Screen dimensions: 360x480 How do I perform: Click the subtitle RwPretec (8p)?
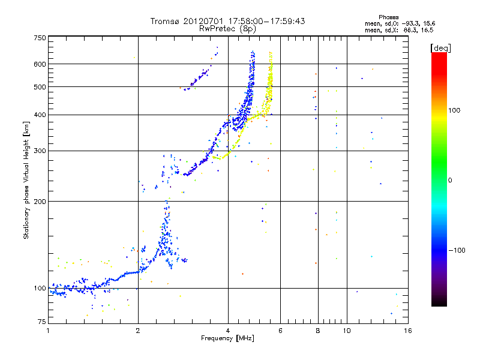(x=227, y=28)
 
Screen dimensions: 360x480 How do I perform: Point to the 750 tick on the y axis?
(x=40, y=38)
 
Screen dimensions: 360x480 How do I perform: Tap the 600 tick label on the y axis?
(x=40, y=64)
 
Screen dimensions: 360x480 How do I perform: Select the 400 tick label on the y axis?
(x=40, y=115)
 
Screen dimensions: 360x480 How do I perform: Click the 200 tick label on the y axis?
(x=40, y=201)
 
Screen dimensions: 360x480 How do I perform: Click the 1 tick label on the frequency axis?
(x=48, y=331)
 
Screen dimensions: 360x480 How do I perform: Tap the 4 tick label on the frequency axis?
(x=228, y=331)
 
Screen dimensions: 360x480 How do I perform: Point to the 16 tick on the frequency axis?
(x=407, y=331)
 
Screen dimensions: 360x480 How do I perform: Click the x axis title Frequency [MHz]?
(x=227, y=338)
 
